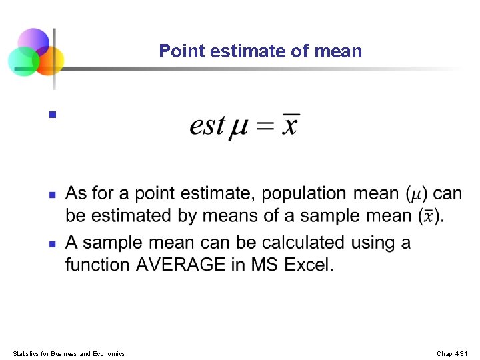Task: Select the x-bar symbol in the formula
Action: (289, 124)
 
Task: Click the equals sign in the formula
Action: (265, 125)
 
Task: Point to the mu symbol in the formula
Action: (239, 127)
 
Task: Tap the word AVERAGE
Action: (180, 265)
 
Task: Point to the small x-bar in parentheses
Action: (429, 216)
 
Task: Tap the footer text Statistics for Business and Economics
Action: (69, 353)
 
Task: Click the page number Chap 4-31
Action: (453, 353)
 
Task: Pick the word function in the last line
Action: (97, 265)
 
